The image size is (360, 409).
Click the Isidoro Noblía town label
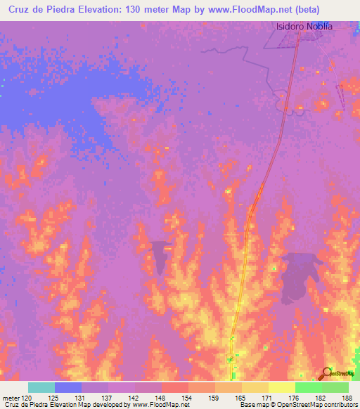click(x=303, y=27)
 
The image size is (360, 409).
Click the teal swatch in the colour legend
click(x=41, y=387)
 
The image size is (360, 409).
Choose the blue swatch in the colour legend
click(x=68, y=387)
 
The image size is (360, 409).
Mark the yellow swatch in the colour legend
click(x=282, y=387)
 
